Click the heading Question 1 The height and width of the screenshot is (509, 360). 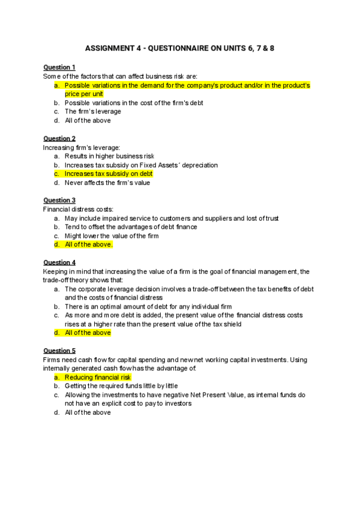click(59, 67)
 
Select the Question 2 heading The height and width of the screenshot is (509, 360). click(59, 138)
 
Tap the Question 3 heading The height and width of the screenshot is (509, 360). click(59, 200)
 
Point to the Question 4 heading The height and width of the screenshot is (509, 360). click(59, 262)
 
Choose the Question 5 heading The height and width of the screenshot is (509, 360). click(59, 351)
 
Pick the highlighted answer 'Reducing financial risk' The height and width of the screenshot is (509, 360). click(97, 378)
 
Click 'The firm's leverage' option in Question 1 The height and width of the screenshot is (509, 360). click(92, 112)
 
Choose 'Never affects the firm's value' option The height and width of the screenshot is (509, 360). click(107, 182)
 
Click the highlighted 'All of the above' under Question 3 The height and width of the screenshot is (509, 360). click(88, 245)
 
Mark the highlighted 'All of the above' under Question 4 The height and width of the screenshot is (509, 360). click(88, 333)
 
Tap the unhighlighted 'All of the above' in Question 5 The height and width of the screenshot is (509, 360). click(88, 413)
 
